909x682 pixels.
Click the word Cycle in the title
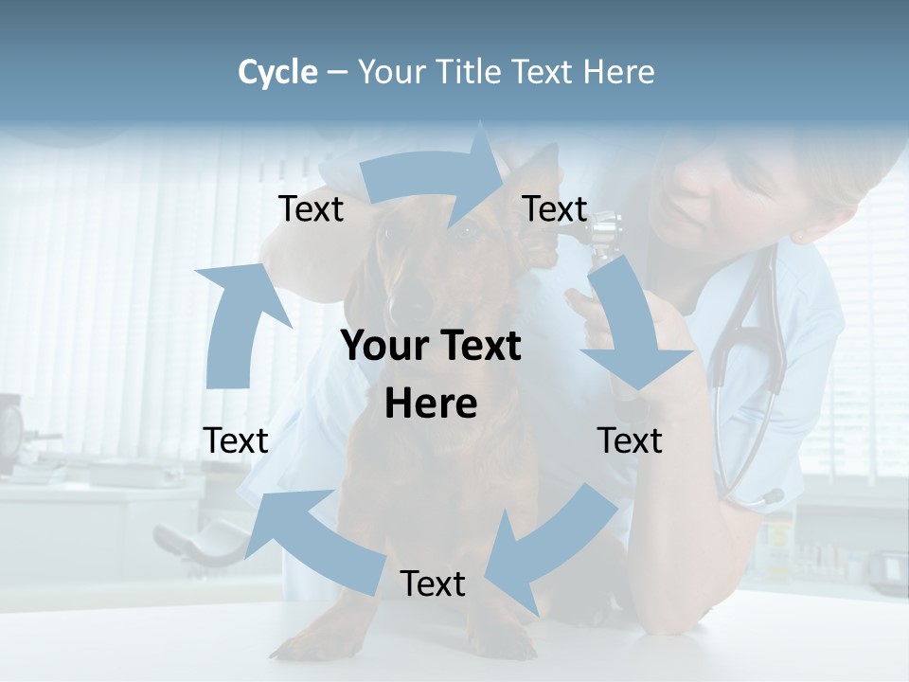click(277, 72)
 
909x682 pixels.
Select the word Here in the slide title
click(617, 72)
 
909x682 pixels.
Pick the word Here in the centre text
click(431, 404)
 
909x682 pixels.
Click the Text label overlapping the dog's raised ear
click(555, 208)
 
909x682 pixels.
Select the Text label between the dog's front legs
click(433, 583)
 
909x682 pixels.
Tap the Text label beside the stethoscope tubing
click(630, 440)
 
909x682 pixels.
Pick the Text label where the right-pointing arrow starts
click(311, 208)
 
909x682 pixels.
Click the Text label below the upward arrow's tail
click(236, 440)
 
